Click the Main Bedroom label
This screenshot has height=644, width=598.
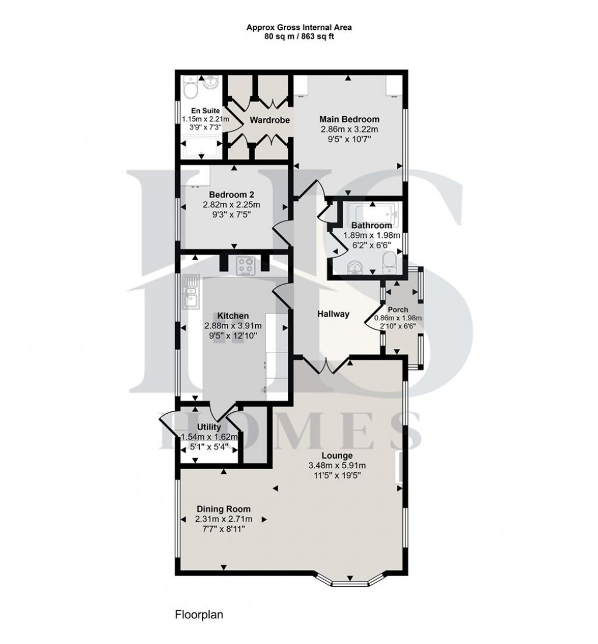coord(350,119)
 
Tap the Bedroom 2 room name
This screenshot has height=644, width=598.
coord(231,195)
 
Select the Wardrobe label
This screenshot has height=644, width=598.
coord(266,120)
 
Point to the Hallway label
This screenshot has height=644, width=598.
coord(333,314)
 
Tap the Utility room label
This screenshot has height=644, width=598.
coord(208,427)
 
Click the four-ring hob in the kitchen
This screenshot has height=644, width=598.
coord(246,266)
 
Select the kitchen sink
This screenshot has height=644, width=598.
coord(190,292)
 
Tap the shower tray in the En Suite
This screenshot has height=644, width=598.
coord(201,146)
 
